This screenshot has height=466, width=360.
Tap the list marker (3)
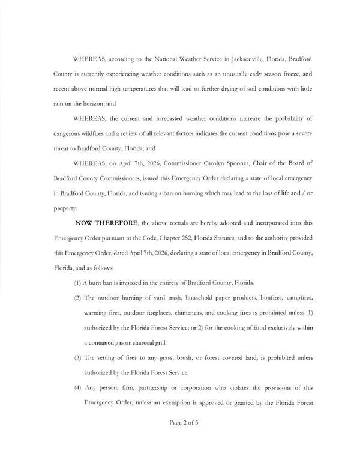[x=77, y=357]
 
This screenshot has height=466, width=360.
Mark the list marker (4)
[x=77, y=387]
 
